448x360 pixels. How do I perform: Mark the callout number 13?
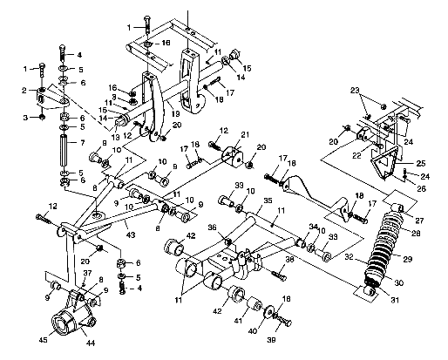(x=115, y=138)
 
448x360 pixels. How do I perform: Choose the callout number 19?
(x=175, y=113)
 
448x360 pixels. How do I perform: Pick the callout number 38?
(x=288, y=261)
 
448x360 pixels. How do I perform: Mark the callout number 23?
(x=356, y=91)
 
